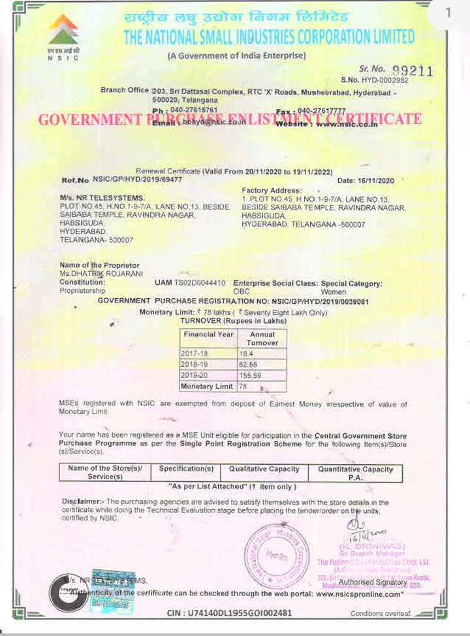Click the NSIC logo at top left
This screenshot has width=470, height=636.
tap(63, 39)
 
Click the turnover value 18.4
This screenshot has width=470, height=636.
tap(245, 354)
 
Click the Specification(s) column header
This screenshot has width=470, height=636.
tap(186, 469)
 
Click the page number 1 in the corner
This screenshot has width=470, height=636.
tap(448, 13)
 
